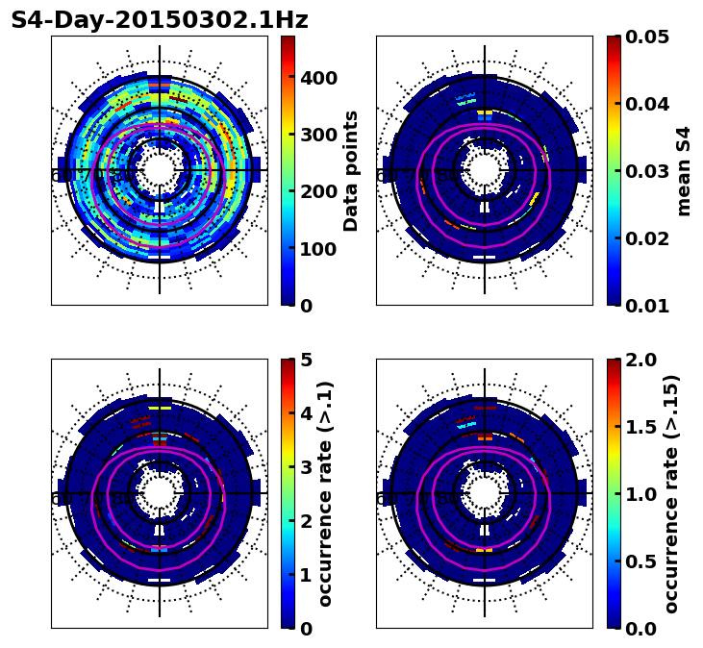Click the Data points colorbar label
click(351, 171)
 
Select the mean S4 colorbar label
click(684, 171)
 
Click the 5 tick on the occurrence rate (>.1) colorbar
click(305, 360)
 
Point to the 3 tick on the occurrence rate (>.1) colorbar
click(305, 467)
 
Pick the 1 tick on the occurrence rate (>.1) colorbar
click(305, 575)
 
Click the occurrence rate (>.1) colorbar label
click(325, 494)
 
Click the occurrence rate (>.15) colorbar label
click(671, 494)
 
